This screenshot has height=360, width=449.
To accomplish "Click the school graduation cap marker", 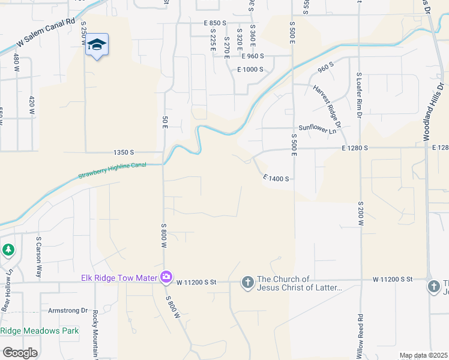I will pyautogui.click(x=97, y=45).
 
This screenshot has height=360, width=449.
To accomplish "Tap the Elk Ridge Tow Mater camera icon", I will pyautogui.click(x=166, y=277).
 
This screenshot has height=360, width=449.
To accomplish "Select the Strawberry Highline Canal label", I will pyautogui.click(x=112, y=170).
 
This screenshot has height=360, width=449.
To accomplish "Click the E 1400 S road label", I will pyautogui.click(x=276, y=178).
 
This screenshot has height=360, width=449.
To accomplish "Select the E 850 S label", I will pyautogui.click(x=215, y=23).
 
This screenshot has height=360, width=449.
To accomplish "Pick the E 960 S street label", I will pyautogui.click(x=253, y=56).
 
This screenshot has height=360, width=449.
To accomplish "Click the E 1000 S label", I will pyautogui.click(x=251, y=70).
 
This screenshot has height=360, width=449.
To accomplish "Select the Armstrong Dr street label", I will pyautogui.click(x=68, y=310).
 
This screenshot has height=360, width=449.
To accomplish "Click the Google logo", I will pyautogui.click(x=20, y=353).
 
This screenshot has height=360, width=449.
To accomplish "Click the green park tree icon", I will pyautogui.click(x=8, y=249).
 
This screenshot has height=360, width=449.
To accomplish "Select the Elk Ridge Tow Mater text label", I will pyautogui.click(x=119, y=278).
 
